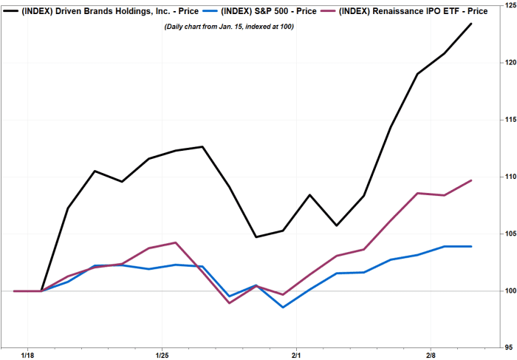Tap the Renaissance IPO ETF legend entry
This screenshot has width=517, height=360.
[414, 11]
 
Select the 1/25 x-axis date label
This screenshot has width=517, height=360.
[162, 355]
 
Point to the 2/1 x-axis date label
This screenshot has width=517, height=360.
[296, 355]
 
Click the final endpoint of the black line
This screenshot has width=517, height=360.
[471, 24]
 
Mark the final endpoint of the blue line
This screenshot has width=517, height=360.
[471, 246]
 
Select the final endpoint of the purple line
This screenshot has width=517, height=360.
[471, 180]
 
